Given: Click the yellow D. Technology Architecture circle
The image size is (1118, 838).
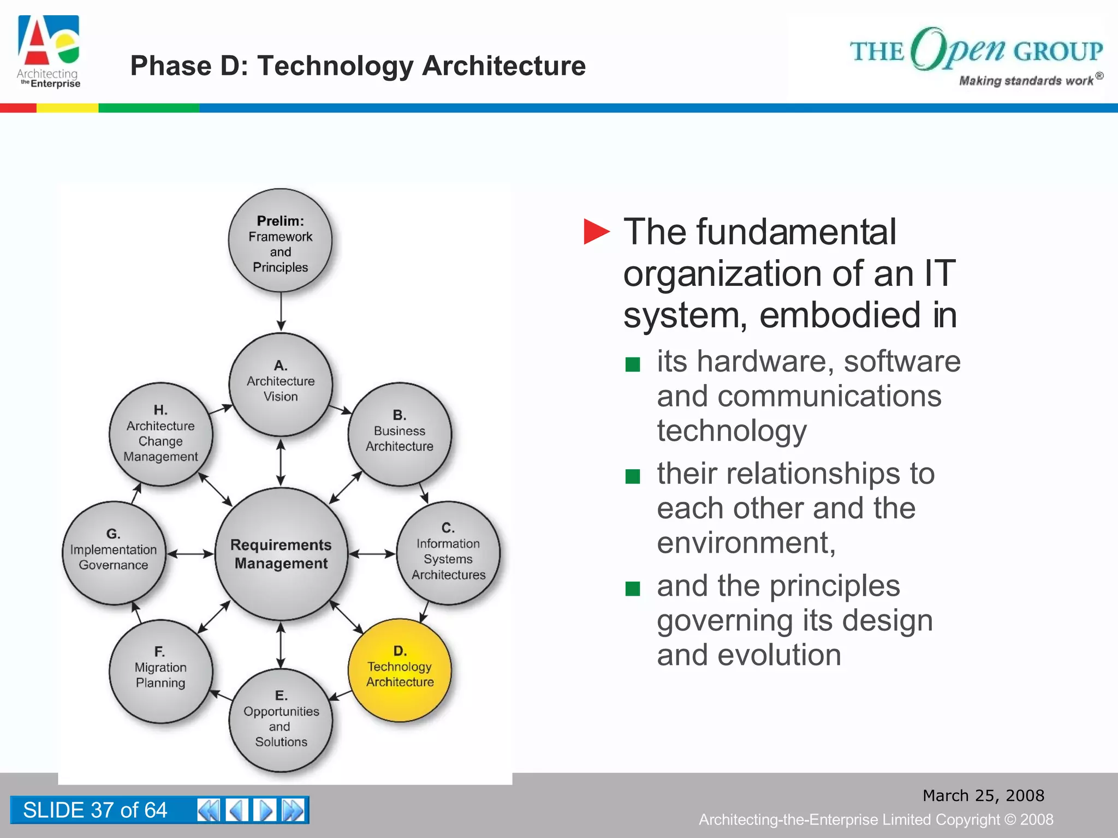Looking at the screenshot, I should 400,670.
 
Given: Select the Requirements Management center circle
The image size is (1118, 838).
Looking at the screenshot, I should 281,554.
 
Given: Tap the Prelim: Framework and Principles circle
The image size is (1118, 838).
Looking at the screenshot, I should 280,241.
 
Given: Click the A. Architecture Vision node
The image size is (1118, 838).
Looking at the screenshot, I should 281,385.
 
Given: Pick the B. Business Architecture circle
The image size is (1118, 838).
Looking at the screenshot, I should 400,434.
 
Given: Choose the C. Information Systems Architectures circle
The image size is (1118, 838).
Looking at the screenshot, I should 448,553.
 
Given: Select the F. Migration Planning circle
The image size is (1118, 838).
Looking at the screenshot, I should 160,671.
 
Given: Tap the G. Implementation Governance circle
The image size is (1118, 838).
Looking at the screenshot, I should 114,553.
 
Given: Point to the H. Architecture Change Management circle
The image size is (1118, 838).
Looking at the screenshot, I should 160,434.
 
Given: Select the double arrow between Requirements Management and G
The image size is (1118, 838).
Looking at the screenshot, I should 190,554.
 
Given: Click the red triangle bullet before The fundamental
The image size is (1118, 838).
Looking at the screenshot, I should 596,232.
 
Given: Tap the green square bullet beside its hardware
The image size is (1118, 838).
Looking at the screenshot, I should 632,364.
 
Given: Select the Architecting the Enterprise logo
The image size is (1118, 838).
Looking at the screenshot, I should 49,52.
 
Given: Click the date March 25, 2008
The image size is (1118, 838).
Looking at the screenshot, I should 983,795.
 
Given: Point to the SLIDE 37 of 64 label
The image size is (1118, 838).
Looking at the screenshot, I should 95,810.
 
